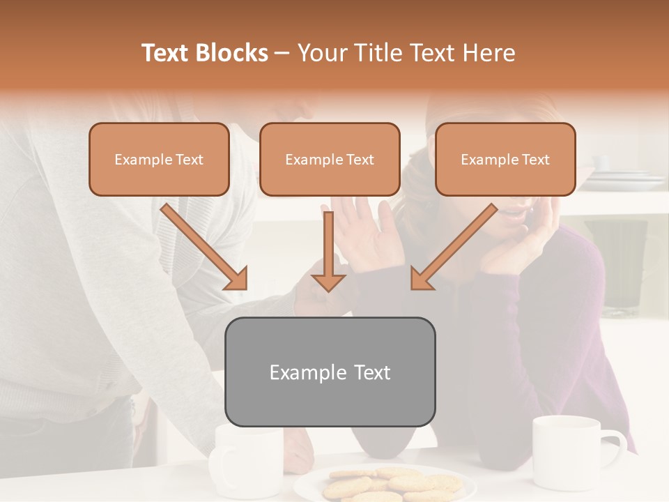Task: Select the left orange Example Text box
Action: [159, 159]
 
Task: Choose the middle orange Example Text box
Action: [330, 159]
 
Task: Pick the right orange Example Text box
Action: [505, 159]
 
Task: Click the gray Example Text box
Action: [330, 372]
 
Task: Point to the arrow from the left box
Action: [204, 247]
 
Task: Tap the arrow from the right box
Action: [454, 247]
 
